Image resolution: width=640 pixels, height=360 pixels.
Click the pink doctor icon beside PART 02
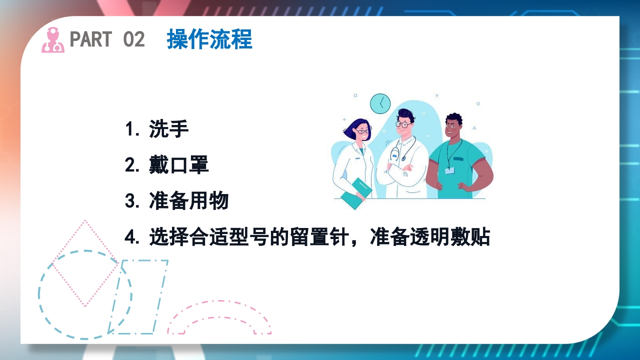click(52, 40)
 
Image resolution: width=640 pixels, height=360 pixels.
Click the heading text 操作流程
click(209, 39)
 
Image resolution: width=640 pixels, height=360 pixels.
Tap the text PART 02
click(107, 39)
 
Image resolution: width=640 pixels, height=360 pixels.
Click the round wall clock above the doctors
click(380, 103)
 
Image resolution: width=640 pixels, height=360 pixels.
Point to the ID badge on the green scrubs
click(449, 170)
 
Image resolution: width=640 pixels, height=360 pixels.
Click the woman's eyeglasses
click(362, 132)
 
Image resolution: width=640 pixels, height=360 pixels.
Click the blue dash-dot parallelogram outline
click(138, 296)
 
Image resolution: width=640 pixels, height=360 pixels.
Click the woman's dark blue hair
click(351, 128)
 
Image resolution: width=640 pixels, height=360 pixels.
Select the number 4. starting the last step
click(131, 237)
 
